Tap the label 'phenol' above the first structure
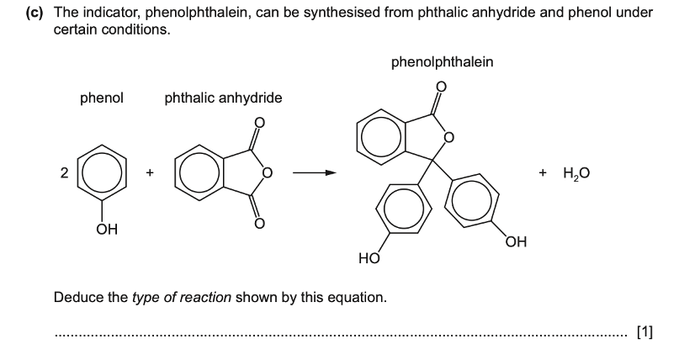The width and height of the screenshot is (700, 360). pyautogui.click(x=102, y=98)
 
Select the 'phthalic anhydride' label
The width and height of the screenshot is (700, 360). pyautogui.click(x=223, y=98)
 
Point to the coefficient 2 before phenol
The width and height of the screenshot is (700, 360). pyautogui.click(x=64, y=174)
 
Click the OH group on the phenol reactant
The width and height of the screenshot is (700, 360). pyautogui.click(x=104, y=228)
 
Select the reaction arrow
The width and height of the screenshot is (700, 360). pyautogui.click(x=313, y=173)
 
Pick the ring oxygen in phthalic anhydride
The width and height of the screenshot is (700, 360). pyautogui.click(x=268, y=173)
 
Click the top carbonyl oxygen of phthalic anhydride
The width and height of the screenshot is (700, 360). pyautogui.click(x=259, y=124)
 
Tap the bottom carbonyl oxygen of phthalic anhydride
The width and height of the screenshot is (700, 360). pyautogui.click(x=259, y=223)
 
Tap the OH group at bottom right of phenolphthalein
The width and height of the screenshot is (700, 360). pyautogui.click(x=516, y=243)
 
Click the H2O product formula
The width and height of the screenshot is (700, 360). pyautogui.click(x=576, y=173)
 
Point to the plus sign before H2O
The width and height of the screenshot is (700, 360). pyautogui.click(x=544, y=173)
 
